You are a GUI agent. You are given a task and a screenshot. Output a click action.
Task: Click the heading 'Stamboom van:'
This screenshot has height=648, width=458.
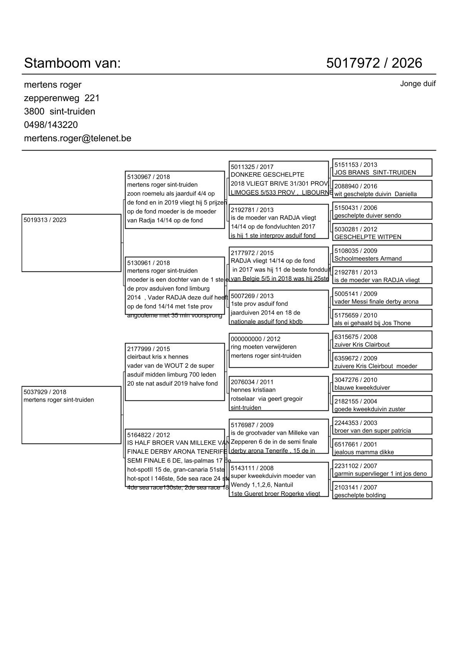pyautogui.click(x=72, y=63)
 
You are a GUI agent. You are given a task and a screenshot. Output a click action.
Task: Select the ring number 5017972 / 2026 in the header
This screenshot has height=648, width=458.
pyautogui.click(x=374, y=63)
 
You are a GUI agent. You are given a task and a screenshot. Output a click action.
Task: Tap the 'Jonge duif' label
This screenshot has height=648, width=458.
pyautogui.click(x=418, y=84)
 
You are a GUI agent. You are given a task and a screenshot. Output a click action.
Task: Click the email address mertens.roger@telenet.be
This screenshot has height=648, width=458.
pyautogui.click(x=77, y=138)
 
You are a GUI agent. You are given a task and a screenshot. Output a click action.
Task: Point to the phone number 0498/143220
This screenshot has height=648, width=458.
pyautogui.click(x=51, y=125)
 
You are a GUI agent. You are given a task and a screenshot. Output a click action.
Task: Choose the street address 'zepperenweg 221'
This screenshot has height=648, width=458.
pyautogui.click(x=62, y=98)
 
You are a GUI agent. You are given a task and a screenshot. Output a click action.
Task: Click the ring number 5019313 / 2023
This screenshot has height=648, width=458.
pyautogui.click(x=45, y=220)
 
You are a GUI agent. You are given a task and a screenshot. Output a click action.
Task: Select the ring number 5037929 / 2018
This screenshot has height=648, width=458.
pyautogui.click(x=45, y=392)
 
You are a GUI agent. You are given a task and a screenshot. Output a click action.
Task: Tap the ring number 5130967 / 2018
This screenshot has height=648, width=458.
pyautogui.click(x=148, y=177)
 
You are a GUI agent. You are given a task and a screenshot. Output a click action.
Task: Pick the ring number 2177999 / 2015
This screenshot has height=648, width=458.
pyautogui.click(x=148, y=349)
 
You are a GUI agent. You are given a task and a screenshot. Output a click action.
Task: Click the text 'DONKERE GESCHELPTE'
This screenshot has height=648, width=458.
pyautogui.click(x=267, y=175)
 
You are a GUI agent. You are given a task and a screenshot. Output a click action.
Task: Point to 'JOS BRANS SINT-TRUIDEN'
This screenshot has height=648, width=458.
pyautogui.click(x=375, y=172)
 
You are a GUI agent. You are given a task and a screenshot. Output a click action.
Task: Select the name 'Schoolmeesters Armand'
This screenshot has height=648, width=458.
pyautogui.click(x=368, y=259)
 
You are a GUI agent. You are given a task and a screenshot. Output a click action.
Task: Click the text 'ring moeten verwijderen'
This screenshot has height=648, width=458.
pyautogui.click(x=263, y=347)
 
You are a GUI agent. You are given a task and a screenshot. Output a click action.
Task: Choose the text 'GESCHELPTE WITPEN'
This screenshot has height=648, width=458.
pyautogui.click(x=368, y=237)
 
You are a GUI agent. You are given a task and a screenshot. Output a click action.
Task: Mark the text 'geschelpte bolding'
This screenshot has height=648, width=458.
pyautogui.click(x=360, y=496)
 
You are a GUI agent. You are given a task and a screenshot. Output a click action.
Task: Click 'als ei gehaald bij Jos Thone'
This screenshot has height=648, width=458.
pyautogui.click(x=372, y=323)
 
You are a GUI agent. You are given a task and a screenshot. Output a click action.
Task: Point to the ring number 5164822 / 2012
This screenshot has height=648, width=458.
pyautogui.click(x=148, y=435)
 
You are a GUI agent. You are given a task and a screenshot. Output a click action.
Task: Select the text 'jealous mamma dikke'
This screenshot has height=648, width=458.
pyautogui.click(x=364, y=452)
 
